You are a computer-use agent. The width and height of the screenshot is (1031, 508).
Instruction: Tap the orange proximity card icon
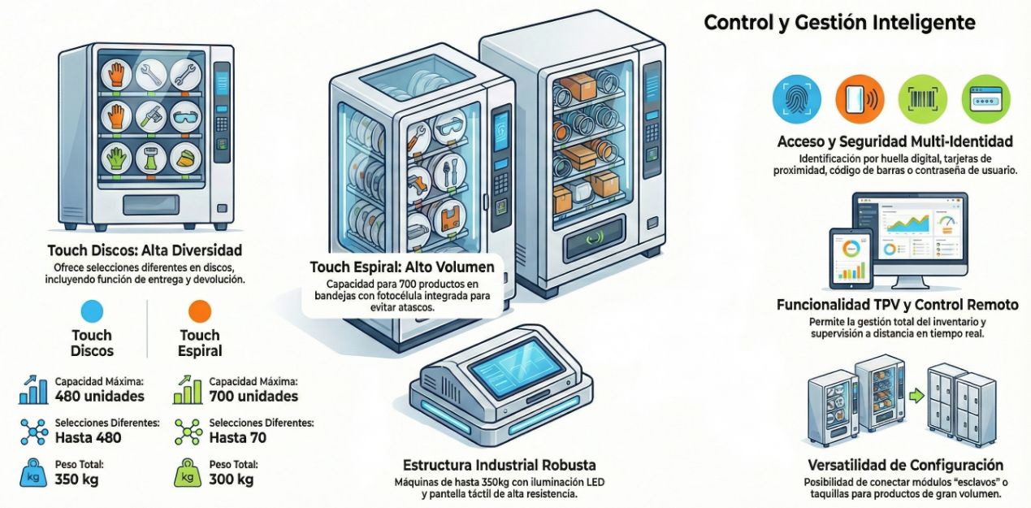pyautogui.click(x=860, y=98)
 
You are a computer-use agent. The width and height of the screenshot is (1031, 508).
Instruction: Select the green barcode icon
pyautogui.click(x=922, y=98)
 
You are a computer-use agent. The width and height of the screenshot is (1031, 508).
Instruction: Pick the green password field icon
pyautogui.click(x=986, y=98)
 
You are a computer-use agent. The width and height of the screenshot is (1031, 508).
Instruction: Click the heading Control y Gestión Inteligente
pyautogui.click(x=839, y=23)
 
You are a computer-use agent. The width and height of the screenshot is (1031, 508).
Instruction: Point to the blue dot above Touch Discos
pyautogui.click(x=92, y=311)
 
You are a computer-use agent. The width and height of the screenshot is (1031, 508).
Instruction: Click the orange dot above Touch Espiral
pyautogui.click(x=199, y=311)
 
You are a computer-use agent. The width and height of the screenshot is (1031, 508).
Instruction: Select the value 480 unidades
pyautogui.click(x=99, y=397)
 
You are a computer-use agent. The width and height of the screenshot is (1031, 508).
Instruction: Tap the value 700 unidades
pyautogui.click(x=253, y=397)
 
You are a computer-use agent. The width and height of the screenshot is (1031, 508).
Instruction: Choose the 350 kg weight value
pyautogui.click(x=76, y=480)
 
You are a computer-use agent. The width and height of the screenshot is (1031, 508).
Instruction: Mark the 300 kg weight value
pyautogui.click(x=232, y=480)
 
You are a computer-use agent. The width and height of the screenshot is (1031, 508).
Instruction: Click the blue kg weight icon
pyautogui.click(x=33, y=474)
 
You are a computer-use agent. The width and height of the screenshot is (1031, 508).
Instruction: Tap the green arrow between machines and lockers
pyautogui.click(x=917, y=397)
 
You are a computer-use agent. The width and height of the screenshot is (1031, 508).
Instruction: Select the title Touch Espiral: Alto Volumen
pyautogui.click(x=401, y=267)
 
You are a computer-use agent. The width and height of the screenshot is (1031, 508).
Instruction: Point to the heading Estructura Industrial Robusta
pyautogui.click(x=499, y=466)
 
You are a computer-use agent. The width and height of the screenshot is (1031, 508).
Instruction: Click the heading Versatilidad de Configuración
pyautogui.click(x=905, y=466)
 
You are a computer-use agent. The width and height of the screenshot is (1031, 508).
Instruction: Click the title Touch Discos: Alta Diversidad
pyautogui.click(x=145, y=250)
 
